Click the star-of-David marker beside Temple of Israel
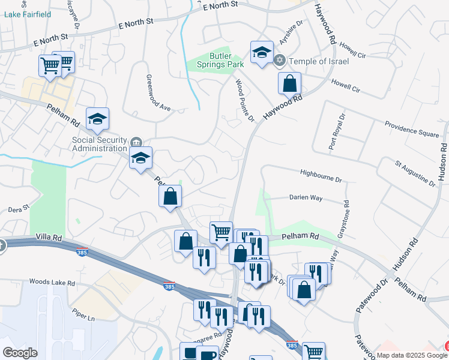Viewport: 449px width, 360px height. [279, 61]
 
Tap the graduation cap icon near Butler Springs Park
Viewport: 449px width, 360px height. [262, 52]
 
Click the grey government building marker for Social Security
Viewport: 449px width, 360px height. [136, 143]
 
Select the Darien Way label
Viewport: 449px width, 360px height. [306, 196]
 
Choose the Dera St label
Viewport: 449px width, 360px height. [18, 208]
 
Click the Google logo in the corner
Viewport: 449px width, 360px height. [20, 353]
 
